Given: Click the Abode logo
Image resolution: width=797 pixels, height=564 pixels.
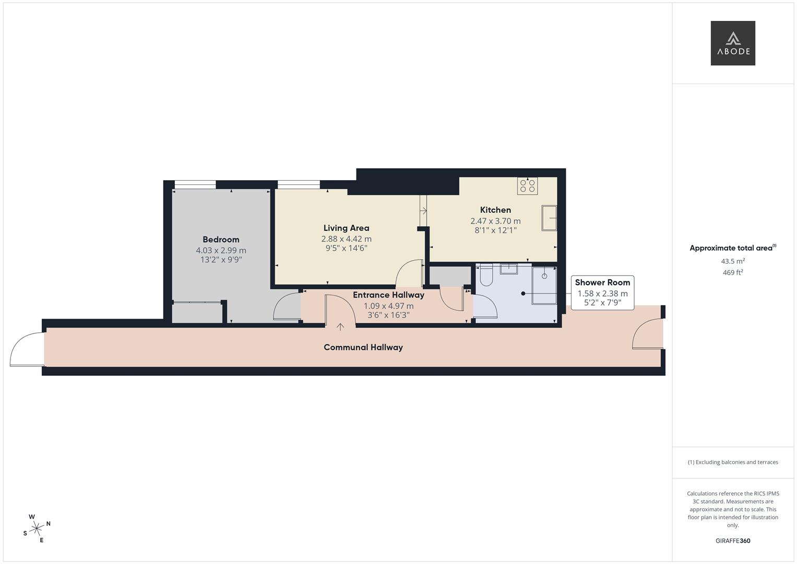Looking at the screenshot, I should (x=732, y=43).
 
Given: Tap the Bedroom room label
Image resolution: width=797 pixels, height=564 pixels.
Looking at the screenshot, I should (x=221, y=240).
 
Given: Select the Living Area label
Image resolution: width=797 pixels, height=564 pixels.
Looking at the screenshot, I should (x=346, y=228).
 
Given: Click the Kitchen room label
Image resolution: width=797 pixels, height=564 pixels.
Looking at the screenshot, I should (x=495, y=210).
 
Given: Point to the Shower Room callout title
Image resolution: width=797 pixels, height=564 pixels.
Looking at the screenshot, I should (x=602, y=283).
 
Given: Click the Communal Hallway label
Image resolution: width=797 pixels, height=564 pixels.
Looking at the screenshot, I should (x=363, y=347).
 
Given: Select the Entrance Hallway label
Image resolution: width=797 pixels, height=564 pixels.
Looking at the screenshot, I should (x=388, y=295).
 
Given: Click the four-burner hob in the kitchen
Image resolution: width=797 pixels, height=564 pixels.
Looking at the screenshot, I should (x=527, y=186).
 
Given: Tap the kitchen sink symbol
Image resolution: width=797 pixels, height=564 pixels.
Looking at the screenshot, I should (x=549, y=218).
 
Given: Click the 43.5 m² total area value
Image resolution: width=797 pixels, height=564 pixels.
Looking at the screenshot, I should (x=732, y=261).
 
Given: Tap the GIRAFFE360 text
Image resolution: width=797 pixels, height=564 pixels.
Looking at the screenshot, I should (x=732, y=540).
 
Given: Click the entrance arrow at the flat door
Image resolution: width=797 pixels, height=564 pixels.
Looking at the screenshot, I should (x=340, y=327).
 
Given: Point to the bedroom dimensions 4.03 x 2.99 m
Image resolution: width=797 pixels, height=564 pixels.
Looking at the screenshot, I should (x=221, y=251).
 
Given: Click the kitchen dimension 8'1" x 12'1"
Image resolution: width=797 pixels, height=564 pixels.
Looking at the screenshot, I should (x=495, y=230).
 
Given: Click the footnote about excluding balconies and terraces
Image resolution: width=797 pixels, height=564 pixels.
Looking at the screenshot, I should (x=732, y=462).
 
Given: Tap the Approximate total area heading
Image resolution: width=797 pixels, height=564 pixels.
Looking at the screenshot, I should (x=732, y=248).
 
